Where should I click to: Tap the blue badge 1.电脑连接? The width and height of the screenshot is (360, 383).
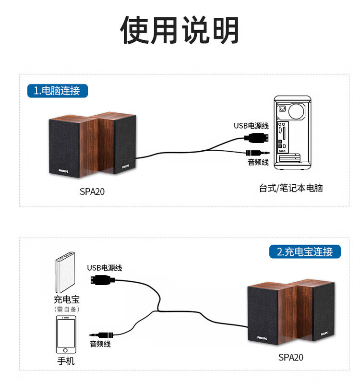[58, 91]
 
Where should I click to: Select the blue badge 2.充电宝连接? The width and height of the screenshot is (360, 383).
[305, 251]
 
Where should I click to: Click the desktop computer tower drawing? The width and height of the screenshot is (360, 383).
[292, 132]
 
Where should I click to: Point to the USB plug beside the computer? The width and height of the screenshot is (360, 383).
[256, 138]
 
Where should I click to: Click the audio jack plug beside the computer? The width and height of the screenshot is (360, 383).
[258, 153]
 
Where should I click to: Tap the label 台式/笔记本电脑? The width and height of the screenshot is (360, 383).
[291, 188]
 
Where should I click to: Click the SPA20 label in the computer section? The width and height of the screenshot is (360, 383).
[92, 192]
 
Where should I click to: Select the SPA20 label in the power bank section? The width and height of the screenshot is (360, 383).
[290, 358]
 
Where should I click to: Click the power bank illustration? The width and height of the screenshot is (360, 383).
[65, 272]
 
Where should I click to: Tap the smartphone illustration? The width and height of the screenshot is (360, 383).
[66, 335]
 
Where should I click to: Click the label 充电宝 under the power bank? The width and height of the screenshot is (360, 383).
[66, 299]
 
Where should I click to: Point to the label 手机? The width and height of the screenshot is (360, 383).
[66, 361]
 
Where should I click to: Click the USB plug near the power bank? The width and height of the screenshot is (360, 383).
[103, 280]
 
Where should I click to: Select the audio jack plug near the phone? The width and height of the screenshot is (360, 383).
[101, 335]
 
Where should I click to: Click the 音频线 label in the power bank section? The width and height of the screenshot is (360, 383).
[100, 344]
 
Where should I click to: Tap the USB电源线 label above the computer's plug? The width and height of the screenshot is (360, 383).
[251, 126]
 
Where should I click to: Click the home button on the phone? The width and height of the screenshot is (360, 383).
[65, 350]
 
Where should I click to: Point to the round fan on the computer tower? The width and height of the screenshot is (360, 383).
[296, 111]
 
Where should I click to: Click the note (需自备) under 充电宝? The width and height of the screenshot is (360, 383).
[67, 309]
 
